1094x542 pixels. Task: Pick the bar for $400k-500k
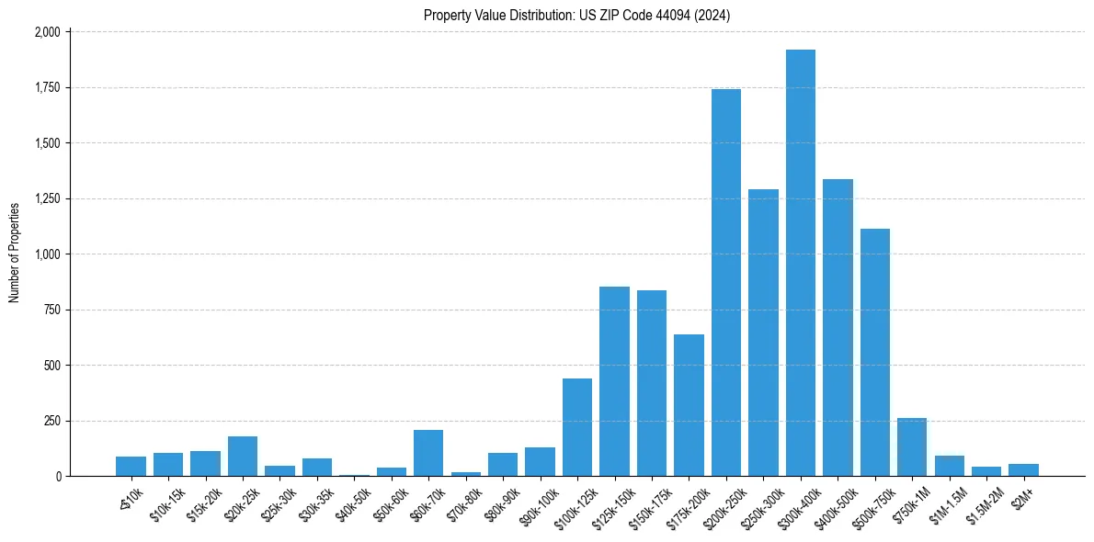[838, 327]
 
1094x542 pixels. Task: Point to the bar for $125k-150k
[614, 381]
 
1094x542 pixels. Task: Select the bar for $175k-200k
[689, 405]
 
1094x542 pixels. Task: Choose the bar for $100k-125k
[577, 427]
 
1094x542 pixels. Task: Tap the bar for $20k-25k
[243, 457]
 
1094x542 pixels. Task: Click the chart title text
[577, 16]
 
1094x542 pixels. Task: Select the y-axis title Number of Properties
[15, 253]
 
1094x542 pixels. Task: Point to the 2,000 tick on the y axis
[47, 32]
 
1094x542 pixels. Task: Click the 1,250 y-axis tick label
[47, 198]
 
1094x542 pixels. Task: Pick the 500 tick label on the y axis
[52, 366]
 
